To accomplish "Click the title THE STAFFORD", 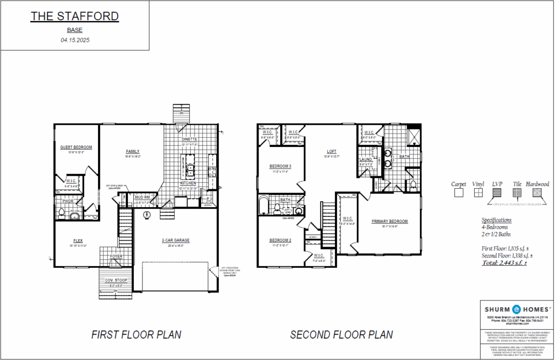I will pyautogui.click(x=74, y=16).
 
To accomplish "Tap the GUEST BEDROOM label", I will pyautogui.click(x=76, y=147).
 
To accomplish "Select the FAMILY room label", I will pyautogui.click(x=133, y=151).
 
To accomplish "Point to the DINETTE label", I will pyautogui.click(x=189, y=139).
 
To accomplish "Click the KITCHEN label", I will pyautogui.click(x=189, y=183).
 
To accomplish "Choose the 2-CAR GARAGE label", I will pyautogui.click(x=175, y=240).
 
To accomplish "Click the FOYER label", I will pyautogui.click(x=117, y=257).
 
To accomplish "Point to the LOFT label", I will pyautogui.click(x=332, y=152).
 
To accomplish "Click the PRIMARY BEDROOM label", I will pyautogui.click(x=389, y=221).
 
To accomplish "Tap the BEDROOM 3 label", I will pyautogui.click(x=280, y=166).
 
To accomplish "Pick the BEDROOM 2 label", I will pyautogui.click(x=280, y=240).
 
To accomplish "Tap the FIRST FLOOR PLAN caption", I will pyautogui.click(x=136, y=335).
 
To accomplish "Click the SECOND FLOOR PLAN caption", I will pyautogui.click(x=341, y=335).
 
